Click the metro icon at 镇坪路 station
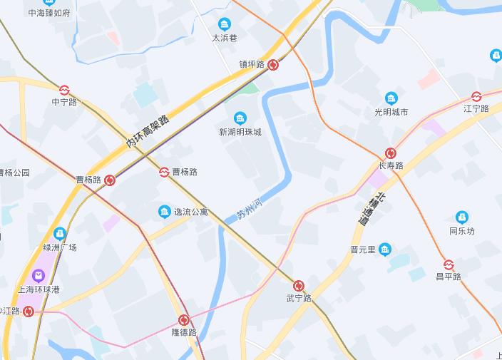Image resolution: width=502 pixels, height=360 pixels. tap(273, 65)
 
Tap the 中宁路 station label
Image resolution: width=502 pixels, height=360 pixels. tap(63, 102)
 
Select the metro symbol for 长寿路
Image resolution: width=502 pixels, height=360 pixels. tap(391, 153)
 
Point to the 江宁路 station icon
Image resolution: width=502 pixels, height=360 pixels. tap(476, 97)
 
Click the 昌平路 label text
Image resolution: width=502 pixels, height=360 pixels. tap(449, 277)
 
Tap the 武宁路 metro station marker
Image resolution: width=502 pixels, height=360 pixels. tap(299, 286)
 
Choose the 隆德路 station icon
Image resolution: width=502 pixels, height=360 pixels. tap(184, 320)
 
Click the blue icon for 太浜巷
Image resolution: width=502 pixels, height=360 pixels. tap(225, 24)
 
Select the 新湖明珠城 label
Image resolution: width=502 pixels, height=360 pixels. tap(240, 132)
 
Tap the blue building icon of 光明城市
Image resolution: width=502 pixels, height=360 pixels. tap(391, 98)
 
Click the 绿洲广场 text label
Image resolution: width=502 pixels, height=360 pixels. tap(60, 247)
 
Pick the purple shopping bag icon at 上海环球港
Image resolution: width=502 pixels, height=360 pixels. tap(37, 275)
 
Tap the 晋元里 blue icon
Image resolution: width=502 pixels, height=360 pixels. tap(385, 249)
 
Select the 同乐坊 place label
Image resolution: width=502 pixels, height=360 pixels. tap(462, 231)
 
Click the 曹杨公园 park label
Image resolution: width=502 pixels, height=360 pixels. tap(14, 173)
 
